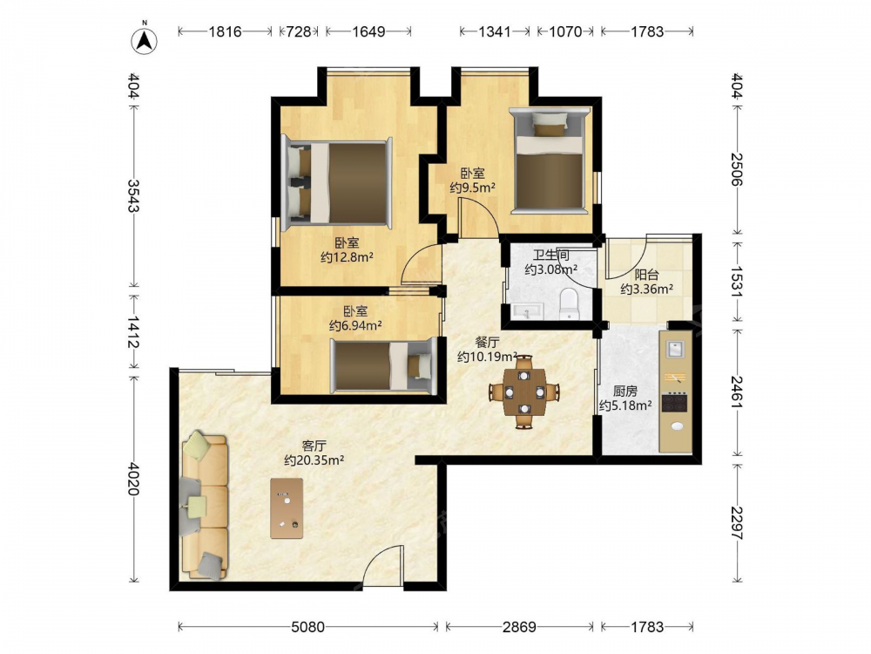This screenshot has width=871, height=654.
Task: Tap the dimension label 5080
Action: click(307, 627)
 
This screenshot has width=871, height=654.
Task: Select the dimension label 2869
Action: click(519, 627)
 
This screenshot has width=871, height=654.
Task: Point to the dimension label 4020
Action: click(133, 478)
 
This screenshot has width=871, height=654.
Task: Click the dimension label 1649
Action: click(368, 31)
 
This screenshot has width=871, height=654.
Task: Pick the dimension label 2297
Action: click(737, 522)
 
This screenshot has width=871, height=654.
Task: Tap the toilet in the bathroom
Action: click(569, 303)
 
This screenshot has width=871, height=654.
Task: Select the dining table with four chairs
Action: click(523, 392)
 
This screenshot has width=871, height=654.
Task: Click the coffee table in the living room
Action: click(287, 508)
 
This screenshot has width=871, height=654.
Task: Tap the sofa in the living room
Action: click(204, 506)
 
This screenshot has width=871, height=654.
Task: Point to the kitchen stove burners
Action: click(675, 401)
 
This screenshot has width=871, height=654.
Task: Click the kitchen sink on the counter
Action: click(675, 350)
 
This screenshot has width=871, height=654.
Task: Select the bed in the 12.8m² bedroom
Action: click(336, 183)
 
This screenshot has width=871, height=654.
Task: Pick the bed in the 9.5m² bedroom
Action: click(550, 160)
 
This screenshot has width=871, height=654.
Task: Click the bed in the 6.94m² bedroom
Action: click(382, 365)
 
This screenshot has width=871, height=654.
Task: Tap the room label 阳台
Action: click(646, 275)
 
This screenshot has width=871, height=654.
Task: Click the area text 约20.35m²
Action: click(314, 460)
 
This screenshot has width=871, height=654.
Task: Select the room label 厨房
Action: click(625, 392)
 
